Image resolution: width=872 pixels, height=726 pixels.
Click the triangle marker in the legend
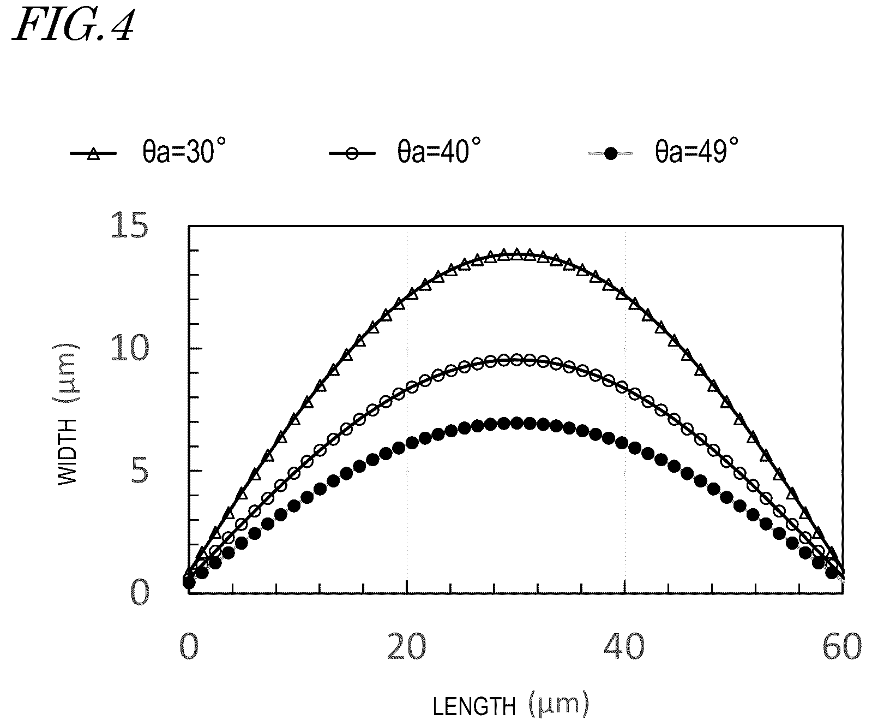[94, 154]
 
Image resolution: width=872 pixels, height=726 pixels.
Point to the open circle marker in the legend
[352, 154]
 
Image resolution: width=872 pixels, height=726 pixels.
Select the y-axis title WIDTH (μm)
[68, 413]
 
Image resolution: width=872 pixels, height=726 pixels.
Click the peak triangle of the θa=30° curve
[516, 254]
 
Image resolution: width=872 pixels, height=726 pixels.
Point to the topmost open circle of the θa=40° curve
[516, 360]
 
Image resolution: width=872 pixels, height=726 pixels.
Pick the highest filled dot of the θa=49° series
[516, 423]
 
